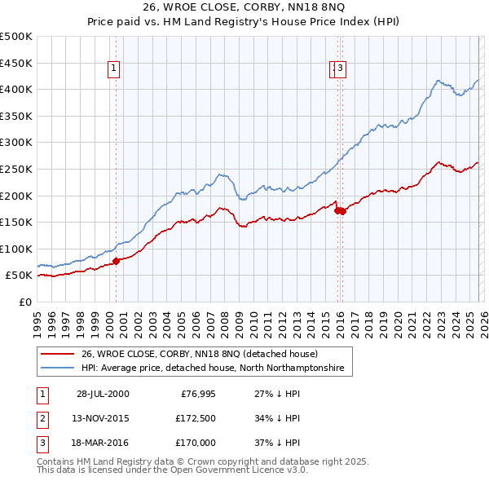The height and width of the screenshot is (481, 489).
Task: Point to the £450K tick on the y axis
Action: pyautogui.click(x=16, y=63)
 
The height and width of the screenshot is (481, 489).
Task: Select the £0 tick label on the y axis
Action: pyautogui.click(x=24, y=302)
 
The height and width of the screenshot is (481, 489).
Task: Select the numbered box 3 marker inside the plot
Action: pyautogui.click(x=340, y=69)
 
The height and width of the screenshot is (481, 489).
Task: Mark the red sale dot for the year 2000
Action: pyautogui.click(x=116, y=261)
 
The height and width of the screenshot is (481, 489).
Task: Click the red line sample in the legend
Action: pyautogui.click(x=58, y=354)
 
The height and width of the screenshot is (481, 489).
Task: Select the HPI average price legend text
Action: pyautogui.click(x=213, y=368)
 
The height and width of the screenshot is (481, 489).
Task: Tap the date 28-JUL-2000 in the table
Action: pyautogui.click(x=103, y=394)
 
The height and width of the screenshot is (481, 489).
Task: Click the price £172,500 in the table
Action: pyautogui.click(x=196, y=418)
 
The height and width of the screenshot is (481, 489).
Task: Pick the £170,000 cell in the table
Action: pyautogui.click(x=196, y=443)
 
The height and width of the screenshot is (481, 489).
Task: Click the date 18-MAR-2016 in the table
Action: pyautogui.click(x=103, y=443)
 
